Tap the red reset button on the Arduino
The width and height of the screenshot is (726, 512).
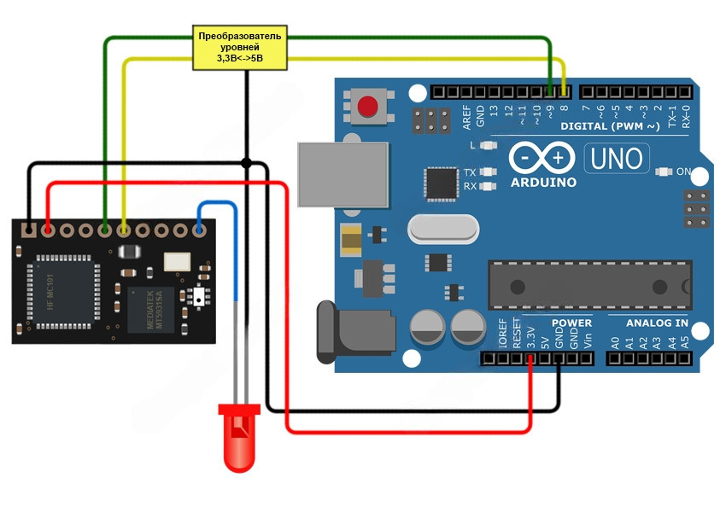(368, 107)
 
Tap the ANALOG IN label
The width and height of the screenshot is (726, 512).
(657, 323)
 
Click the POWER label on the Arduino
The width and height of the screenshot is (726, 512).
(571, 323)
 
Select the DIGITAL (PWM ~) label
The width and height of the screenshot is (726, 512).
(610, 126)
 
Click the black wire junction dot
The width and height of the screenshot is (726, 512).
(246, 162)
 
